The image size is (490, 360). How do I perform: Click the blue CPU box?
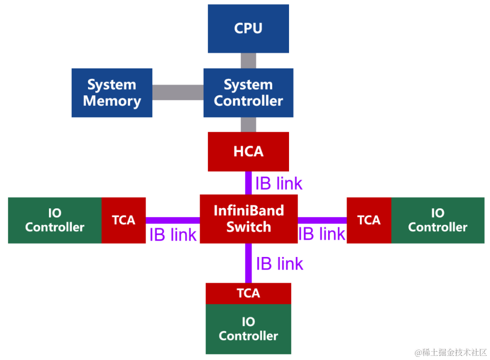click(x=248, y=29)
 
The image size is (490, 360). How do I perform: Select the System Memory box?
click(x=112, y=93)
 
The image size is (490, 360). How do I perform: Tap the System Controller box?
click(x=248, y=93)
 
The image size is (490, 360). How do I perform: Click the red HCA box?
click(x=248, y=152)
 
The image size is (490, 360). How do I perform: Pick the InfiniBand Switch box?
click(x=248, y=218)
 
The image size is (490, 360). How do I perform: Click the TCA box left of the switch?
click(x=123, y=220)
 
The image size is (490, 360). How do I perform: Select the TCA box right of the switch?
click(x=369, y=220)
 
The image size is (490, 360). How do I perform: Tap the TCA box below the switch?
click(x=248, y=293)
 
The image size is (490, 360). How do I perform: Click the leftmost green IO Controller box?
click(x=54, y=220)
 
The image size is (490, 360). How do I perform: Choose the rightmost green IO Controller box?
click(x=437, y=220)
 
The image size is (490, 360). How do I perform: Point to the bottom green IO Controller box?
click(x=248, y=329)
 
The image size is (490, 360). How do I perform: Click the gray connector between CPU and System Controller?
click(x=248, y=60)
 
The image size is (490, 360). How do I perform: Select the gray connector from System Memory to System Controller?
click(x=177, y=93)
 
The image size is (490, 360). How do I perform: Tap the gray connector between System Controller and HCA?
click(x=248, y=124)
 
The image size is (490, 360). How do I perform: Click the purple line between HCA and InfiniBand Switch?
click(x=248, y=183)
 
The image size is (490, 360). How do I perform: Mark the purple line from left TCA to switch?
click(x=172, y=220)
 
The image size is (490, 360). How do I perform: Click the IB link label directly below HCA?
click(x=279, y=183)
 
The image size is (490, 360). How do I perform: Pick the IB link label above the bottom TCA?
click(x=279, y=264)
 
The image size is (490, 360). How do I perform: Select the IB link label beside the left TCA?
click(x=173, y=235)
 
